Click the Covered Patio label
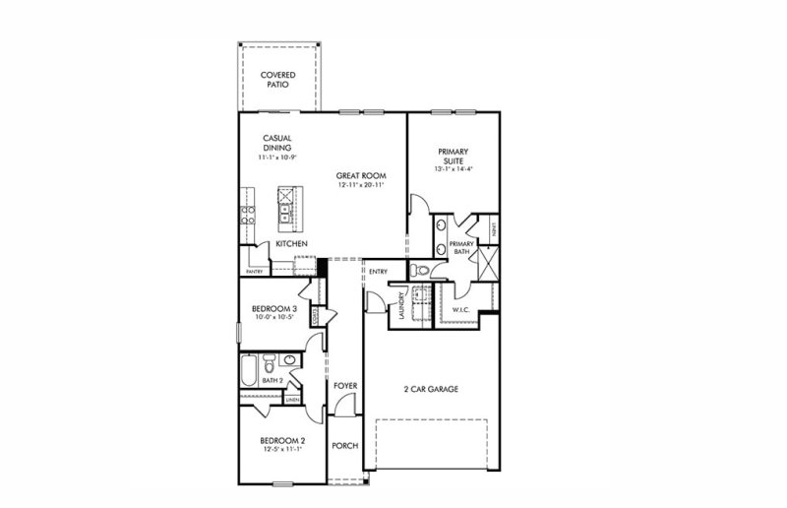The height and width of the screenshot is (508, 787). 279,80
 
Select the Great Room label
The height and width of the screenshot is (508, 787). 358,175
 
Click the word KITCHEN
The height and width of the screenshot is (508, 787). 292,243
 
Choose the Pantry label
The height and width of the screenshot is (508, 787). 255,271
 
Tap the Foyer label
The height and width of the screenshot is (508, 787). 344,386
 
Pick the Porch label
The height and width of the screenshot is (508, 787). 345,446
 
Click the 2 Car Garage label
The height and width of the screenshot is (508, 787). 430,389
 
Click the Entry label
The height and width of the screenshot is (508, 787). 378,272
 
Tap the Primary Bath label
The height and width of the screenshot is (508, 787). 461,247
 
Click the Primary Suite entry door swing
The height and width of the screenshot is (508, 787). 418,205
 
